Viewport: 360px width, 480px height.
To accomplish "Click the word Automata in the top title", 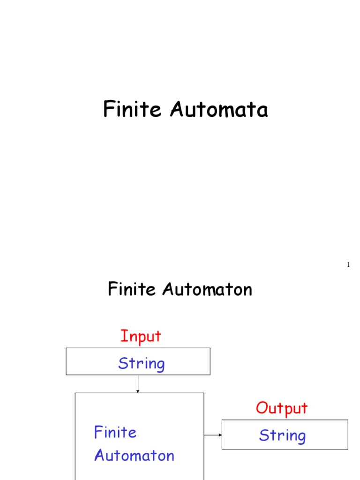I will (x=219, y=110).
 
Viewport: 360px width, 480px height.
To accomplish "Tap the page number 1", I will (x=348, y=265).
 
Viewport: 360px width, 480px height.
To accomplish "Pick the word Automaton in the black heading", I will (x=208, y=289).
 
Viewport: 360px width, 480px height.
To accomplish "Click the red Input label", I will (x=141, y=336).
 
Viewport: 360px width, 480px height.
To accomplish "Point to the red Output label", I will (x=282, y=408).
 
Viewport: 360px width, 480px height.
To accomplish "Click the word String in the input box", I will (x=141, y=363).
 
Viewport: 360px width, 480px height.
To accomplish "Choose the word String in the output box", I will (x=282, y=435).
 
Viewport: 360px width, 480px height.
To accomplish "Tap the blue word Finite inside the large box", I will (x=115, y=432).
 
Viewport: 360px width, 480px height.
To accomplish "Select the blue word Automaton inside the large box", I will (x=135, y=456).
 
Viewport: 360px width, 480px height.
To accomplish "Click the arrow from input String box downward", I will (x=138, y=384).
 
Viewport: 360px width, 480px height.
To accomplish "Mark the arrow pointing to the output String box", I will (x=213, y=435).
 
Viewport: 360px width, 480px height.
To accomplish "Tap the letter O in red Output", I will (x=262, y=408).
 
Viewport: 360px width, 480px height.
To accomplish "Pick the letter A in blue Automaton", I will (x=99, y=456).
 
